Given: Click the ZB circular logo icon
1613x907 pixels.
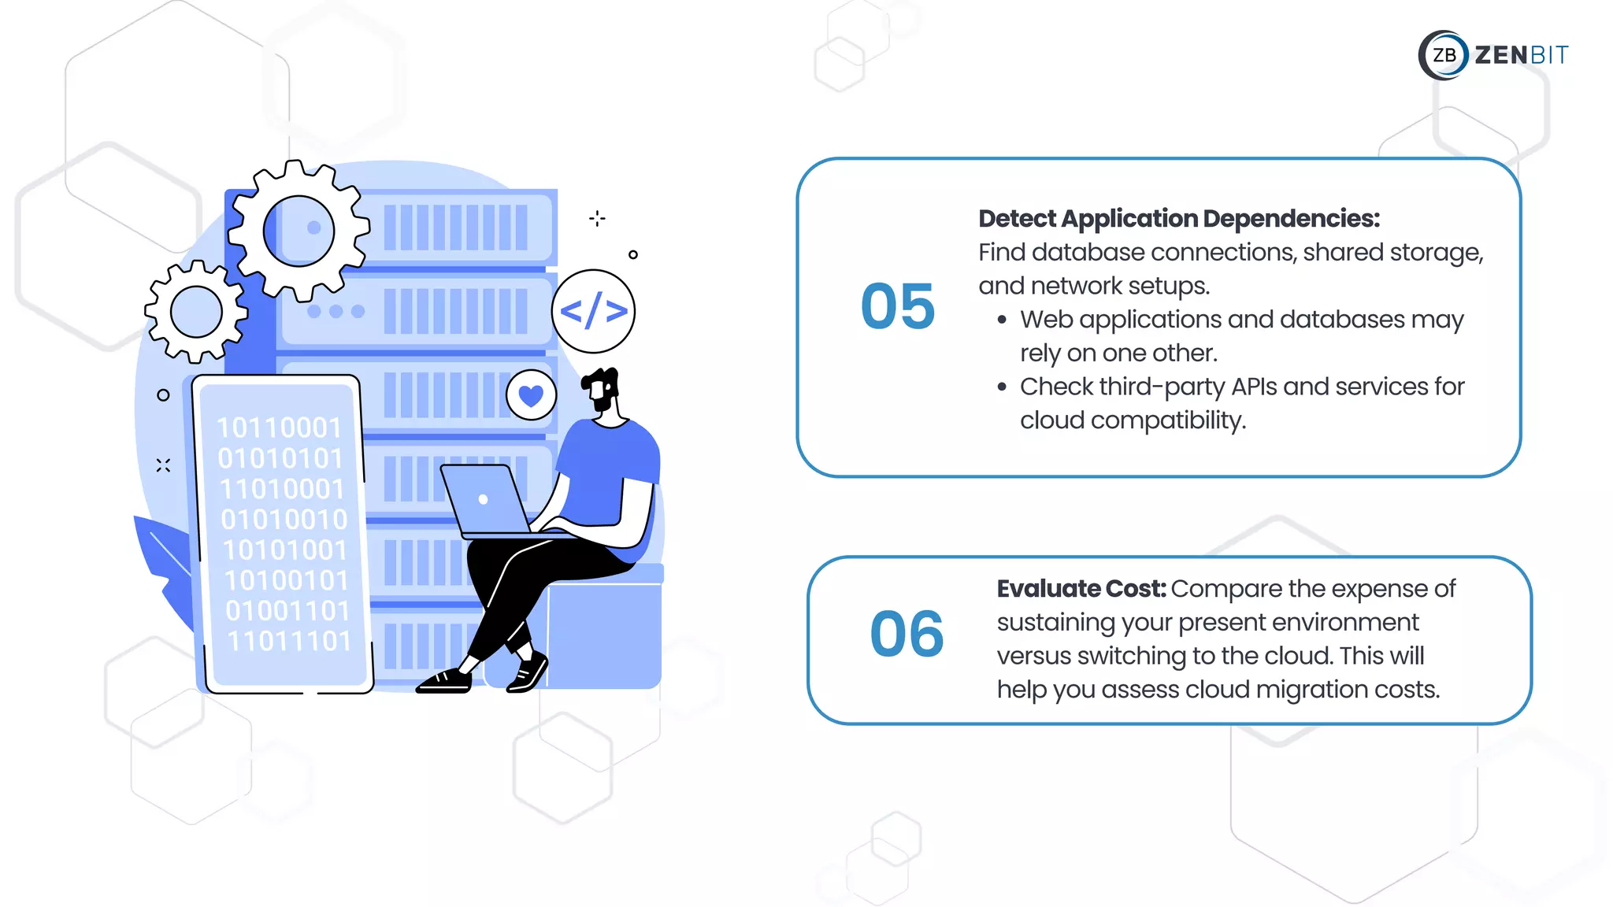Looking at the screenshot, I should tap(1444, 55).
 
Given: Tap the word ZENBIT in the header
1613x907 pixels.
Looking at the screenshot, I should tap(1521, 55).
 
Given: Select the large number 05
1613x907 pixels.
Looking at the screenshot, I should tap(898, 306).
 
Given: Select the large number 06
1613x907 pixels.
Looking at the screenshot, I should tap(907, 634).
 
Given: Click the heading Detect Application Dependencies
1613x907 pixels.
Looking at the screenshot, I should tap(1178, 219).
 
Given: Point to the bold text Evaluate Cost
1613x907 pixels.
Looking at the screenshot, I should tap(1081, 589).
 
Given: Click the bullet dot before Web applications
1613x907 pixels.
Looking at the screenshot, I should tap(1002, 320).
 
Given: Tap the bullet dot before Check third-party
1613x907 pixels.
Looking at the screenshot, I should tap(1002, 387).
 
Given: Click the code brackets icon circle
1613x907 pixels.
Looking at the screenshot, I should tap(593, 311).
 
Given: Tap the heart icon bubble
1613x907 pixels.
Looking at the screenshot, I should tap(531, 395).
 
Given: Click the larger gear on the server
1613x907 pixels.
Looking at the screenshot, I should tap(298, 231).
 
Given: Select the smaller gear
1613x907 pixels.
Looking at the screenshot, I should tap(196, 312).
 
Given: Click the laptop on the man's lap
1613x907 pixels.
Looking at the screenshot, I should tap(484, 499).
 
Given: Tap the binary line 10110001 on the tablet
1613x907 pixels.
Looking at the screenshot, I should tap(279, 428).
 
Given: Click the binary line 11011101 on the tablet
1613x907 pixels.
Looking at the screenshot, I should tap(289, 641).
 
